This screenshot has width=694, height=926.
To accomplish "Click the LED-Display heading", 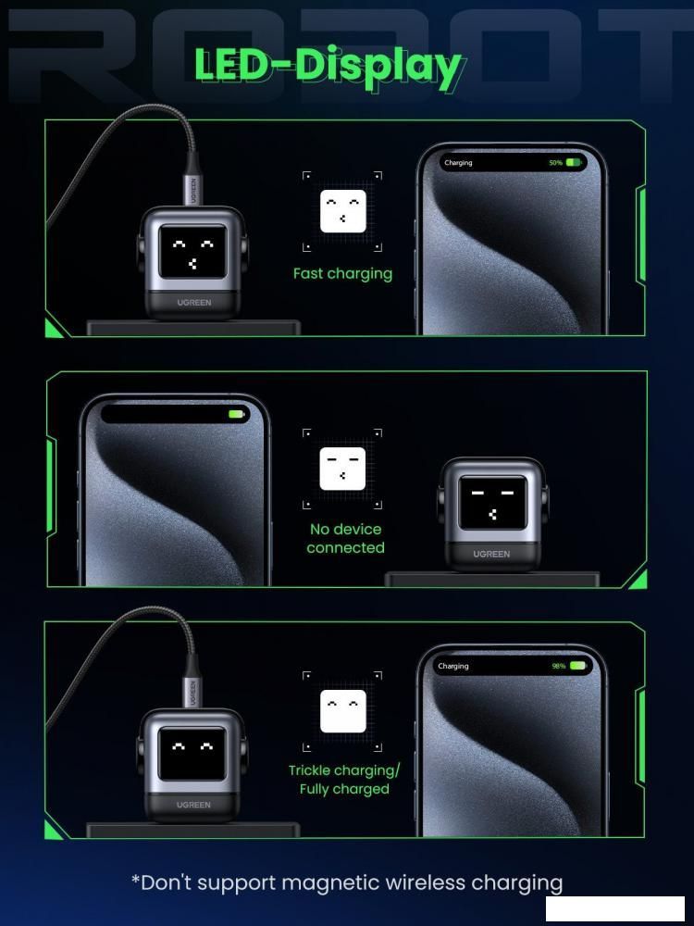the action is coord(328,67).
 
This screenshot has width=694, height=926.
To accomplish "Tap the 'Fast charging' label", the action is coord(343,274).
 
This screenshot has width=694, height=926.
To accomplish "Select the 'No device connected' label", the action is coord(345,539).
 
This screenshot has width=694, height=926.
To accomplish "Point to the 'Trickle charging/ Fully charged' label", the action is coord(344,780).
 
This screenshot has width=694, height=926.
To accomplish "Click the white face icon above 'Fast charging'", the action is coord(343,211).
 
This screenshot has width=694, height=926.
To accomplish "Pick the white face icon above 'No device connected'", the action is coord(343,469).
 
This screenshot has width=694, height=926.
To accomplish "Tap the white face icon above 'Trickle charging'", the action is coord(343,711).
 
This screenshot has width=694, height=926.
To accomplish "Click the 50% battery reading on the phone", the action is coord(556,162).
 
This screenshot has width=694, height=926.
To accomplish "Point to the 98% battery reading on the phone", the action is coord(559,666).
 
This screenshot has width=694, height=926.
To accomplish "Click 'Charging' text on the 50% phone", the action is coord(459,163).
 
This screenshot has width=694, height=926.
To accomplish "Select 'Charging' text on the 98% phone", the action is coord(453,666).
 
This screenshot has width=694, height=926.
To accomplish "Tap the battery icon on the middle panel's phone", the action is coord(237,414).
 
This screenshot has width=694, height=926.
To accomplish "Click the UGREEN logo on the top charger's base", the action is coord(194,303).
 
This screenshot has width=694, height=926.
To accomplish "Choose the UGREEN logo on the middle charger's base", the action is coord(491,554).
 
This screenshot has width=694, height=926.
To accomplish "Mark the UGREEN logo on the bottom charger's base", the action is coord(193,805).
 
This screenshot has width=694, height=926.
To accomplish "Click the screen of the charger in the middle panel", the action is coord(492,503).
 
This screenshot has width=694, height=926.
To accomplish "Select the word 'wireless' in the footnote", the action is coord(426,882).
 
